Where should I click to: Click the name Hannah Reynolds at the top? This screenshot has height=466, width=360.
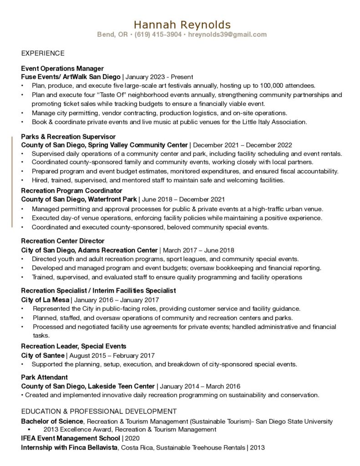[182, 24]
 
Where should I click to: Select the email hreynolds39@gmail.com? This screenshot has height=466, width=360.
[227, 35]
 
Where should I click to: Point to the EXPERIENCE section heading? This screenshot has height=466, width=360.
[43, 53]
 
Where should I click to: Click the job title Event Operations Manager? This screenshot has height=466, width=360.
[62, 68]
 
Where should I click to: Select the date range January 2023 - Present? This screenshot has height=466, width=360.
[159, 77]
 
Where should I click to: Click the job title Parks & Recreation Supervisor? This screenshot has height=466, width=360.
[68, 137]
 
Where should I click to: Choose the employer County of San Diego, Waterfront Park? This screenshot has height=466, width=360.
[78, 199]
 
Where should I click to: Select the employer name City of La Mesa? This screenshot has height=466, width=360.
[45, 300]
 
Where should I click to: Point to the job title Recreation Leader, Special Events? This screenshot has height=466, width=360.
[74, 346]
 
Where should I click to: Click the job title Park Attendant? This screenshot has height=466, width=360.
[44, 377]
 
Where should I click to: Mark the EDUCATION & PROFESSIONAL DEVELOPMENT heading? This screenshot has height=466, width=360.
[99, 411]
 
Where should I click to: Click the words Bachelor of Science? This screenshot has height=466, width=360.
[52, 421]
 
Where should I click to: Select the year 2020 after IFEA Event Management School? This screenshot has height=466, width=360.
[132, 438]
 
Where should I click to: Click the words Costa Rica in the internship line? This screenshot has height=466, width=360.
[138, 447]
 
